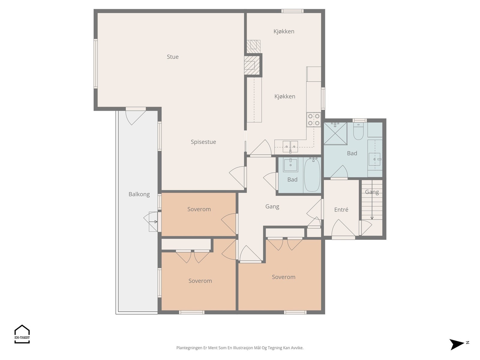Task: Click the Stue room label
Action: pos(172,57)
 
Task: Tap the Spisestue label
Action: pos(203,142)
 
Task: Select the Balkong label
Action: pos(139,194)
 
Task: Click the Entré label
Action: pos(341,210)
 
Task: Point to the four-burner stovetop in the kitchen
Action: pos(313,120)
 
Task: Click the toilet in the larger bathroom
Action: pos(358,131)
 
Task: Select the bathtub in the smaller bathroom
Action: pos(312,175)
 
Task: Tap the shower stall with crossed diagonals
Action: pos(335,133)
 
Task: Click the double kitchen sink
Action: pos(290,146)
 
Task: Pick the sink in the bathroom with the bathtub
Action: pos(290,165)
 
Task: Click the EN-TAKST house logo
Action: pos(22,334)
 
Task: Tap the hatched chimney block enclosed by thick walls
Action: pos(252,65)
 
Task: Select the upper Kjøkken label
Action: pos(284,31)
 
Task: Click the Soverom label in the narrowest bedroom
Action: pos(199,209)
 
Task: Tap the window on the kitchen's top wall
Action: pos(292,11)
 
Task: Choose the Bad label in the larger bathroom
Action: pos(352,153)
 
